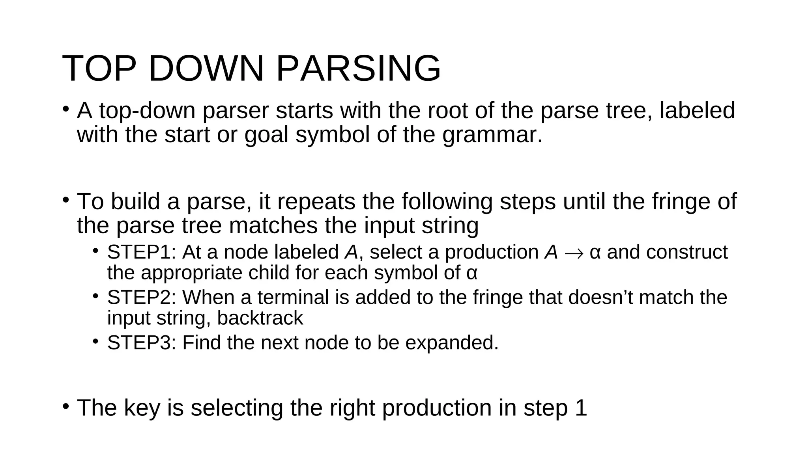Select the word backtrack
tap(260, 318)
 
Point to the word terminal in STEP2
tap(293, 298)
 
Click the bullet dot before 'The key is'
tap(66, 406)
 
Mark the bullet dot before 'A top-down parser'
tap(66, 109)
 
